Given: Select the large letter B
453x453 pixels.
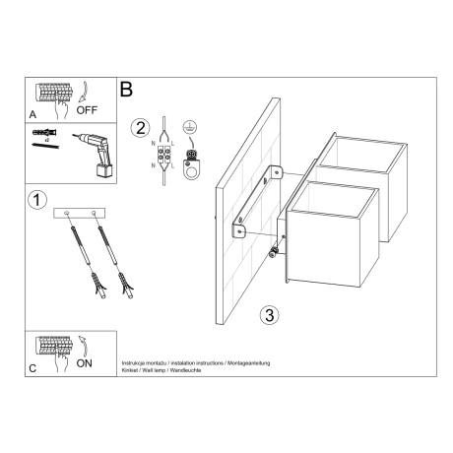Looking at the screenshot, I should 127,89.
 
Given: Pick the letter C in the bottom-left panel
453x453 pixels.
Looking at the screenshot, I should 34,367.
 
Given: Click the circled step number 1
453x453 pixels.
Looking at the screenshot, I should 35,200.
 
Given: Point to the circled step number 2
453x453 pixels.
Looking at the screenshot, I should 142,128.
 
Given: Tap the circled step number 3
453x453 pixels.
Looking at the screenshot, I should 268,315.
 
